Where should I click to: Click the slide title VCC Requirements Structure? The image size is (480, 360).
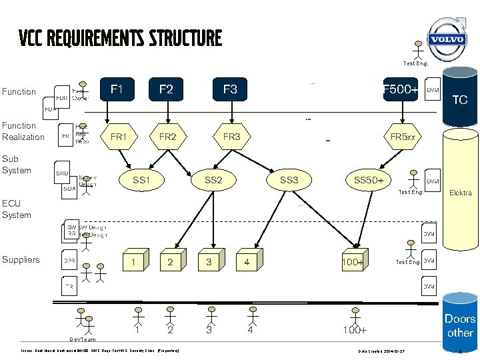(x=120, y=38)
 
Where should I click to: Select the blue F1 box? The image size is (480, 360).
(x=117, y=89)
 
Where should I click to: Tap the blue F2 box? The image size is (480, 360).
(x=166, y=89)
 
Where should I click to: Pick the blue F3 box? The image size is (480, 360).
(x=230, y=89)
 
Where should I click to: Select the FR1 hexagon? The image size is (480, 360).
(x=118, y=137)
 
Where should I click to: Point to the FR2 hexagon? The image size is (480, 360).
(x=167, y=137)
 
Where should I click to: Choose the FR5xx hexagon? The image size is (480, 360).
(x=402, y=137)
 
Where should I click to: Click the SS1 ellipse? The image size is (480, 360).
(x=141, y=180)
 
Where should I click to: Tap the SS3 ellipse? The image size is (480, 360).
(x=289, y=180)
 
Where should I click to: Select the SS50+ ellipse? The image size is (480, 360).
(x=368, y=180)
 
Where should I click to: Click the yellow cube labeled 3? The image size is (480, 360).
(x=209, y=261)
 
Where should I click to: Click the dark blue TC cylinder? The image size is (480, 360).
(x=460, y=100)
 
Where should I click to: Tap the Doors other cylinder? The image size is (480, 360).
(x=460, y=325)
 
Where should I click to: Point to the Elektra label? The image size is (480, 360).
(x=461, y=193)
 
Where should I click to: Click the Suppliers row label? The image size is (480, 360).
(x=21, y=259)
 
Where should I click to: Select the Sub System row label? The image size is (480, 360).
(x=17, y=165)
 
